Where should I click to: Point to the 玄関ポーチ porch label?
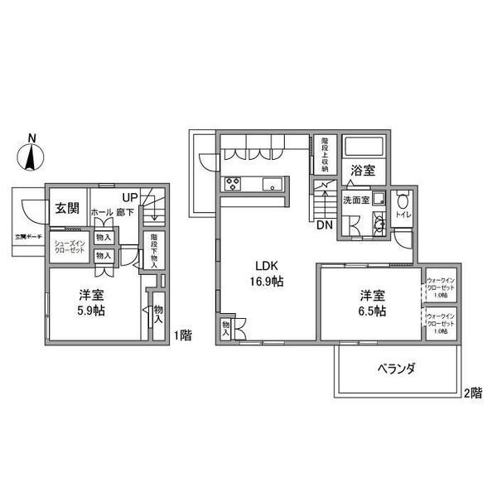(27, 235)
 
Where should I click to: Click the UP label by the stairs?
(129, 197)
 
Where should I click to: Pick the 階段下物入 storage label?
(155, 250)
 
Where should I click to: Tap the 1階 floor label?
(183, 335)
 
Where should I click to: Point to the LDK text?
(266, 266)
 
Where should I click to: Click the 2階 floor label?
(473, 394)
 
